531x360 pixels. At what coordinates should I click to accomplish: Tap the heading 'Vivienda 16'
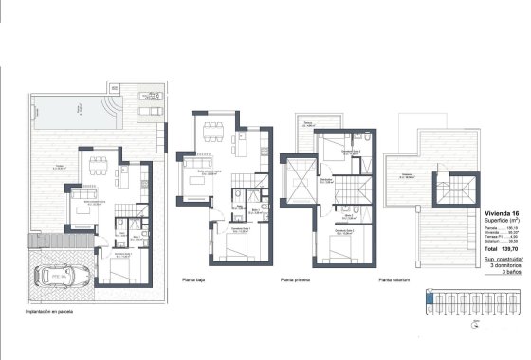pyautogui.click(x=502, y=214)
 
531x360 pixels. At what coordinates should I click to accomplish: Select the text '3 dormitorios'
pyautogui.click(x=504, y=262)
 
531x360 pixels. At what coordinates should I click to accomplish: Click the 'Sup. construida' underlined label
pyautogui.click(x=502, y=256)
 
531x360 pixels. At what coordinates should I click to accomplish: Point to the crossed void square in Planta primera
pyautogui.click(x=301, y=179)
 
